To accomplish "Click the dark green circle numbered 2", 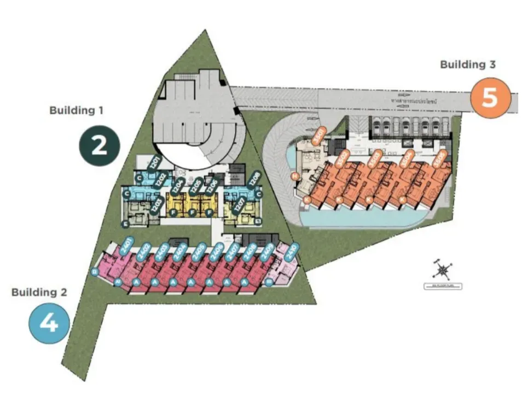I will click(x=98, y=146).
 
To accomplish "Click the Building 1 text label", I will click(x=77, y=110).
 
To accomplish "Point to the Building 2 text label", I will click(x=39, y=292).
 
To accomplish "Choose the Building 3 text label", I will click(x=468, y=64).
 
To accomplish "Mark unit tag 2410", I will click(x=292, y=250).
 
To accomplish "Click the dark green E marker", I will click(x=126, y=224).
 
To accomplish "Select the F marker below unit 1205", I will click(x=192, y=213).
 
